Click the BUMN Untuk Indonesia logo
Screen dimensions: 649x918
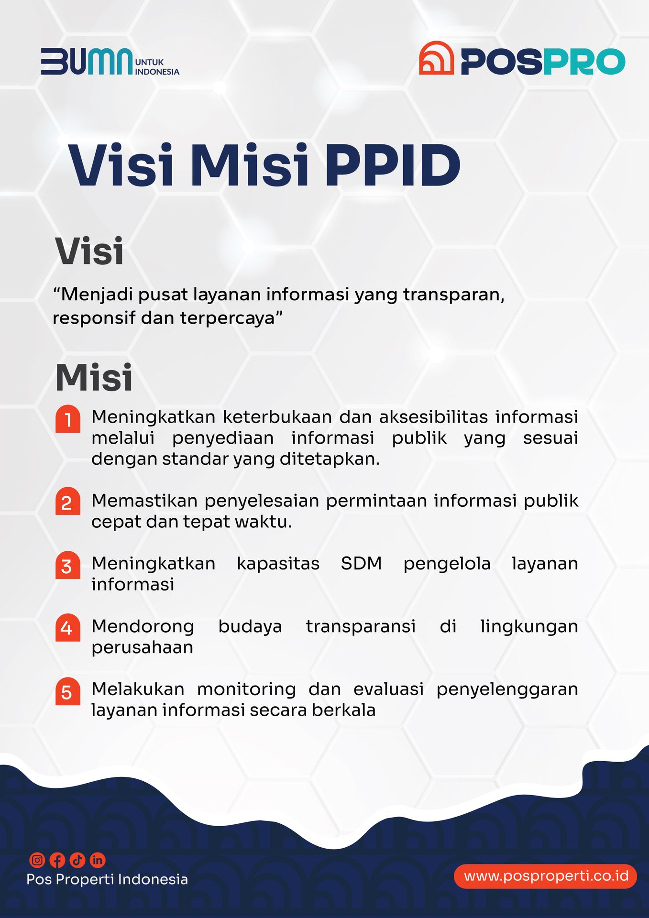point(110,62)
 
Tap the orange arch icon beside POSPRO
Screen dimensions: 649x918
point(436,58)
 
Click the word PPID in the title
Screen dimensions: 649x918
point(392,165)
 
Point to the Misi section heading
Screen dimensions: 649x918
point(94,377)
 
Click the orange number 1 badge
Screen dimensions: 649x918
point(67,419)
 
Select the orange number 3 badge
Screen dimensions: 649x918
point(67,566)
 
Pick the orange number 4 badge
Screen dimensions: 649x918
point(67,627)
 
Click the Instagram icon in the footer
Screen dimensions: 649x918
point(37,860)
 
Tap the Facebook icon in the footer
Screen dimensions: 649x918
point(57,860)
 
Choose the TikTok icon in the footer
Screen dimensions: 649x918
point(77,860)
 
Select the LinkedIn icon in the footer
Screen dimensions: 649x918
point(98,860)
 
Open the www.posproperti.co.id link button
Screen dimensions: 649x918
point(545,876)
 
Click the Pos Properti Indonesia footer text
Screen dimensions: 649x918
point(107,879)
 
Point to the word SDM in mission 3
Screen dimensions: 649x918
point(361,563)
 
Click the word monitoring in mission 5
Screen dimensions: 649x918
point(246,689)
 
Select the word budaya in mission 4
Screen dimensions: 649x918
point(250,626)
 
